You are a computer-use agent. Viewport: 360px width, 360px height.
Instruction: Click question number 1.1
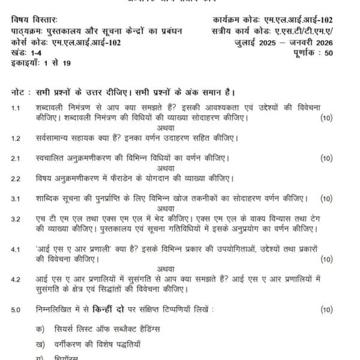point(16,107)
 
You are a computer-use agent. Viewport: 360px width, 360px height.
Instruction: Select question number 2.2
point(16,178)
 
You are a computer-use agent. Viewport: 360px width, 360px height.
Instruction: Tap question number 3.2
point(16,219)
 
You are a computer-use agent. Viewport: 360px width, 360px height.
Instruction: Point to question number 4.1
point(16,247)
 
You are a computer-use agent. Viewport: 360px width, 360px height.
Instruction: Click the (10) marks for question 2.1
point(326,158)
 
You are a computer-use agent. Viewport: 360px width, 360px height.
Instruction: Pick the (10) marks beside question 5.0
point(326,310)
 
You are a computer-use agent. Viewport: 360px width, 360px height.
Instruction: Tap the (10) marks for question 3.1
point(326,198)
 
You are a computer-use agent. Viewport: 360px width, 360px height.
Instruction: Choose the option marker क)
point(40,329)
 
